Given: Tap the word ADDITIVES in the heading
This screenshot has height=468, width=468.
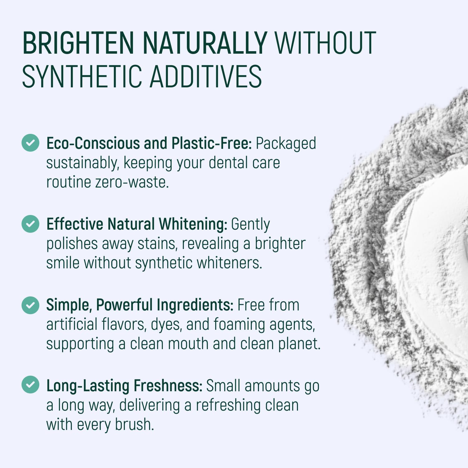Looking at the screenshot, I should coord(206,76).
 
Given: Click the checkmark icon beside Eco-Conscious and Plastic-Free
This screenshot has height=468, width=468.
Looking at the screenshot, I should coord(30,143).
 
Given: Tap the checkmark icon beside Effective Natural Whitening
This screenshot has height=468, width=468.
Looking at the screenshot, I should coord(30,224).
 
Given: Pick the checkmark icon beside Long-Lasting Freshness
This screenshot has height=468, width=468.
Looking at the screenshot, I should coord(30,385).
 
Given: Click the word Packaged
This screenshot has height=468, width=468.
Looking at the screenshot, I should coord(286,144).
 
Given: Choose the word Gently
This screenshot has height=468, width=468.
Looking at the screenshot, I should coord(250,225).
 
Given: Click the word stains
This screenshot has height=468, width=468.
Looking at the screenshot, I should coord(158,244).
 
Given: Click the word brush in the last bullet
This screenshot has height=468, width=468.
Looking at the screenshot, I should coord(134,425).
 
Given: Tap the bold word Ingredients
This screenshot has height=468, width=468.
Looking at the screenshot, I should coord(195,305).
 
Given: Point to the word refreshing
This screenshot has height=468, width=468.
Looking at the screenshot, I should coord(228,405).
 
